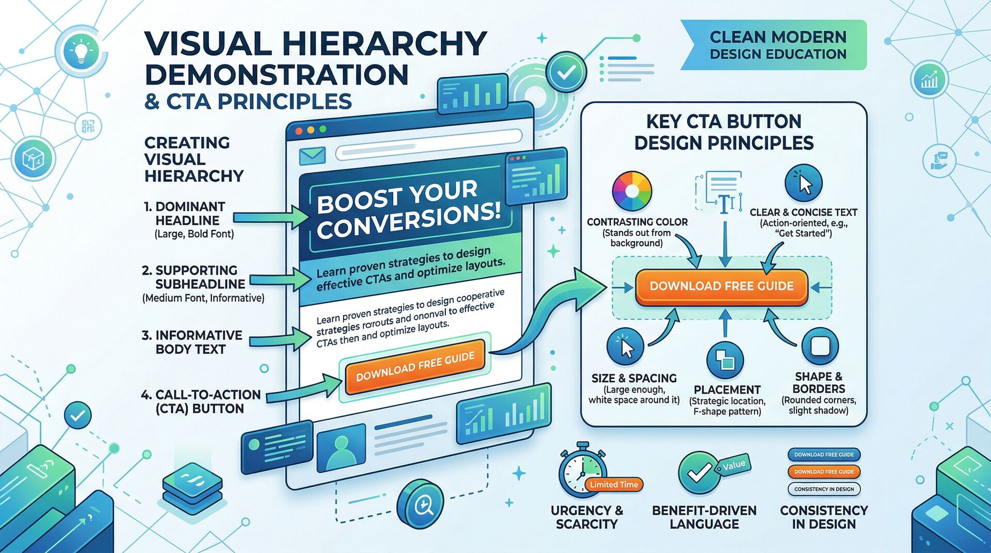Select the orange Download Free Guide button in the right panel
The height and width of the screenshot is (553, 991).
tap(721, 286)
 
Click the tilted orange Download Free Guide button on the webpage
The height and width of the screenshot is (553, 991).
tap(415, 366)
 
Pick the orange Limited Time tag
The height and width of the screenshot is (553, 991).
tap(614, 484)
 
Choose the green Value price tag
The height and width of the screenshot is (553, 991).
tap(733, 465)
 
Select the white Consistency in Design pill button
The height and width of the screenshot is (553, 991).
tap(824, 489)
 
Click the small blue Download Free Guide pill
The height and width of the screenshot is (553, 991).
tap(824, 454)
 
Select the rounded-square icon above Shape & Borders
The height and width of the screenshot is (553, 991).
tap(820, 346)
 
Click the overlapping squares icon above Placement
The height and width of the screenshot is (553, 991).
tap(725, 361)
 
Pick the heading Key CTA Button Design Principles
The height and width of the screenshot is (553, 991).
tap(724, 132)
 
